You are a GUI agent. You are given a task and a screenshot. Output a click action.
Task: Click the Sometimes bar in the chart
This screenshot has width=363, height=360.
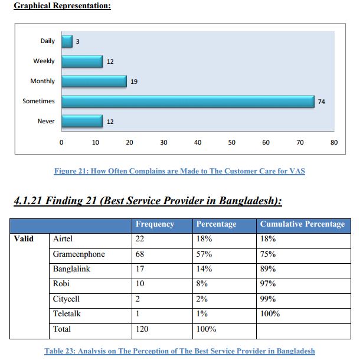click(188, 102)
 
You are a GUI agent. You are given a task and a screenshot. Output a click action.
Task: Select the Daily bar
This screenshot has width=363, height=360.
click(67, 41)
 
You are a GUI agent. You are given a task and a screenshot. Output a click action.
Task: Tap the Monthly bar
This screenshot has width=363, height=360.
click(94, 81)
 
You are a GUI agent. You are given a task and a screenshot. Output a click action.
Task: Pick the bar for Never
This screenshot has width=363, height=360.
click(82, 122)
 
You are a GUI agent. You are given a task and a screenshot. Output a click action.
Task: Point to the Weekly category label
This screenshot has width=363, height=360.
click(44, 61)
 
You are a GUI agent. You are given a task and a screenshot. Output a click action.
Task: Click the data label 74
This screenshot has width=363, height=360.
click(322, 102)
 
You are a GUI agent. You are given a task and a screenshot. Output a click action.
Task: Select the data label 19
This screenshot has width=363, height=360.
click(134, 81)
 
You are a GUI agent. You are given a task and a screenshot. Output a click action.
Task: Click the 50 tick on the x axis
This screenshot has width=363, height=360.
click(232, 142)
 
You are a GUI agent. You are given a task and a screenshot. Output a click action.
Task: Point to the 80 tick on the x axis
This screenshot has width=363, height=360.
click(334, 142)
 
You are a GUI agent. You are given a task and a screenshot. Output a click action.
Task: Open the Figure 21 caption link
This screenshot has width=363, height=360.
click(179, 171)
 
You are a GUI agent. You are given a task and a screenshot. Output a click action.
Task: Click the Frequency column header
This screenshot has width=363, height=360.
click(155, 224)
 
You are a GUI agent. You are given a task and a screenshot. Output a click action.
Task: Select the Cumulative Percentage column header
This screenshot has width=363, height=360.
click(302, 224)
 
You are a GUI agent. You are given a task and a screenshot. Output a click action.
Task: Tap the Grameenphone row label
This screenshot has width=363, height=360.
click(79, 254)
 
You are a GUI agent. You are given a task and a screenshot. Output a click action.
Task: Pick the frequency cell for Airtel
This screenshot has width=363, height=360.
click(140, 239)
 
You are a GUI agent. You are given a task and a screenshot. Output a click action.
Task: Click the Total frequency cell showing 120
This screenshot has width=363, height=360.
click(142, 329)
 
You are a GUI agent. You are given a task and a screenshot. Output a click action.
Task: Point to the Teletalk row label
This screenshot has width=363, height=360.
click(67, 314)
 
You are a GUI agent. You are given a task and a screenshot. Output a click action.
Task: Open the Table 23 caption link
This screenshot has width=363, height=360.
click(179, 351)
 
